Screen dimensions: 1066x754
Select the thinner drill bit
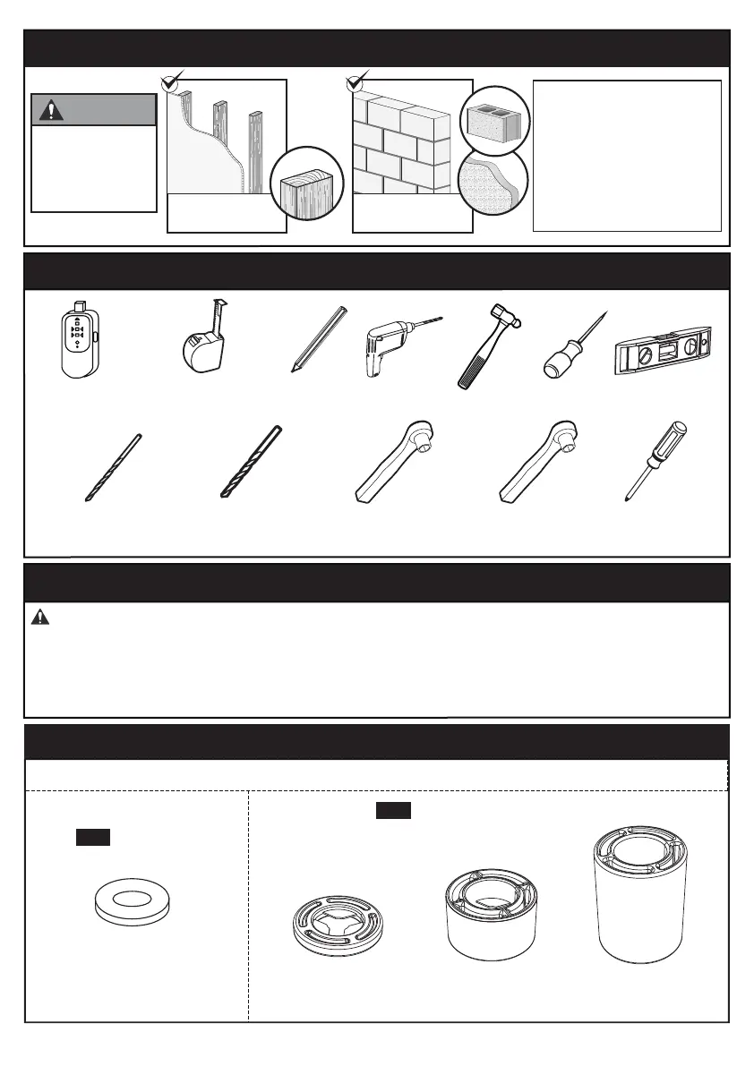coord(114,467)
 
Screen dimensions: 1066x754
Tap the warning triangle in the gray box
coord(49,110)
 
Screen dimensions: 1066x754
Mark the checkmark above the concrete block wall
coord(356,82)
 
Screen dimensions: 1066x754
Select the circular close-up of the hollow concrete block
coord(495,121)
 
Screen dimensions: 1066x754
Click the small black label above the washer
coord(92,837)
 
